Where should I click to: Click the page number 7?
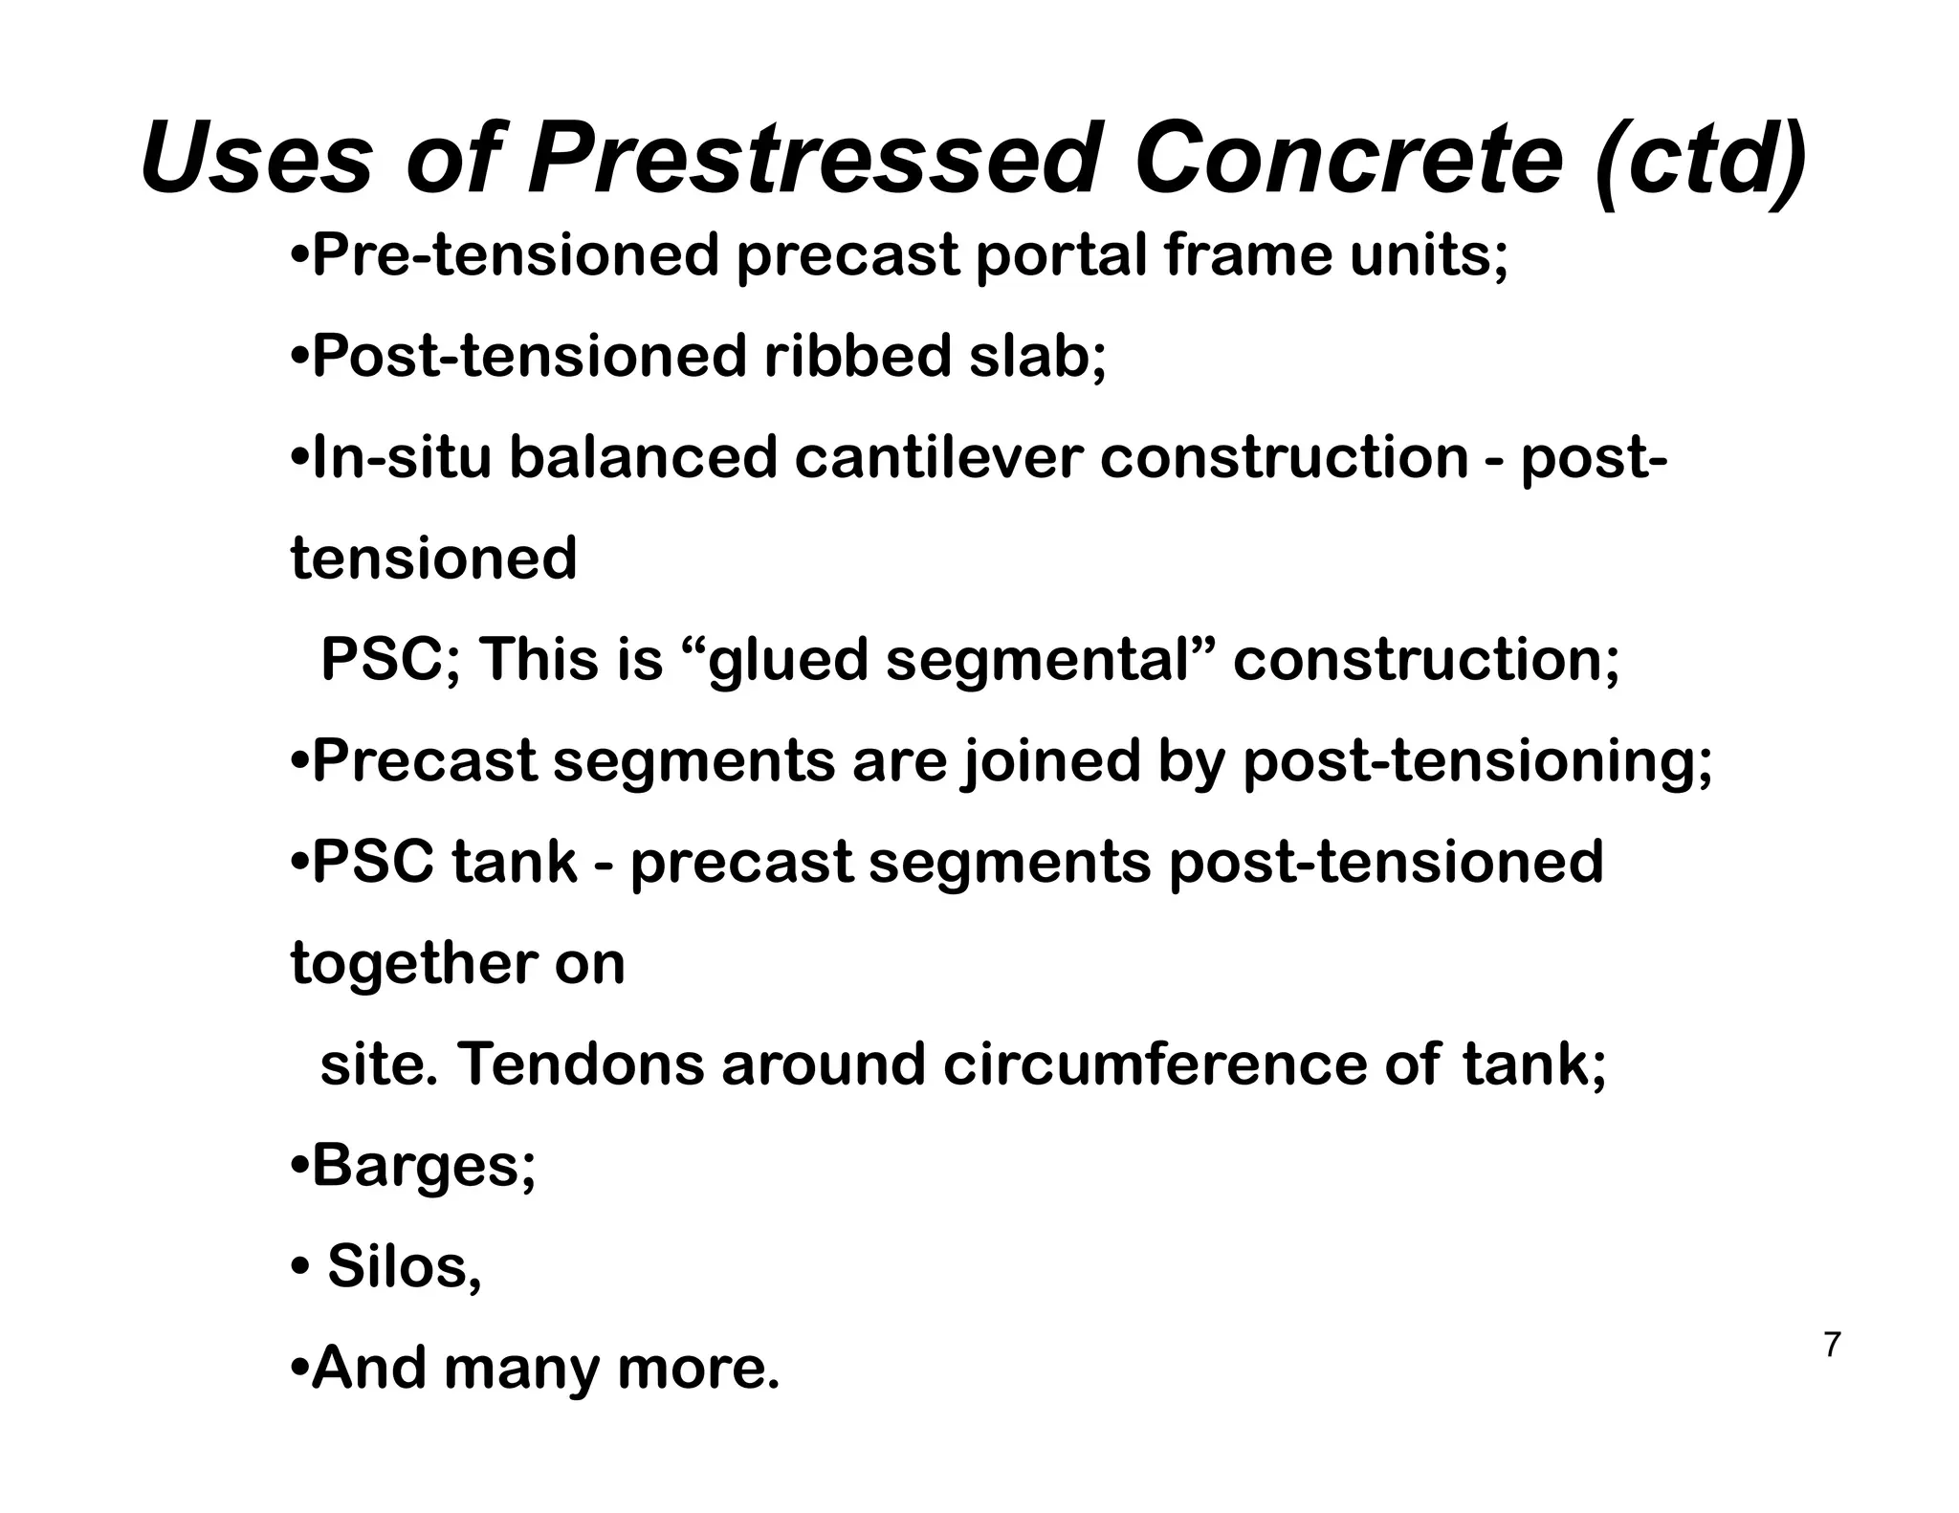point(1831,1345)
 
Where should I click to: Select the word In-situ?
point(402,458)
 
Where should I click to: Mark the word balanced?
point(643,458)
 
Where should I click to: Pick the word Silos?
point(404,1267)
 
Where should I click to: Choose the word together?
point(413,963)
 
